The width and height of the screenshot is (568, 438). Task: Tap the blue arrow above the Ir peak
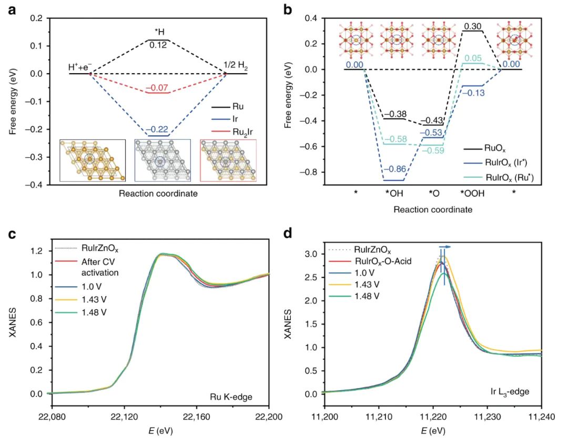point(445,246)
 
